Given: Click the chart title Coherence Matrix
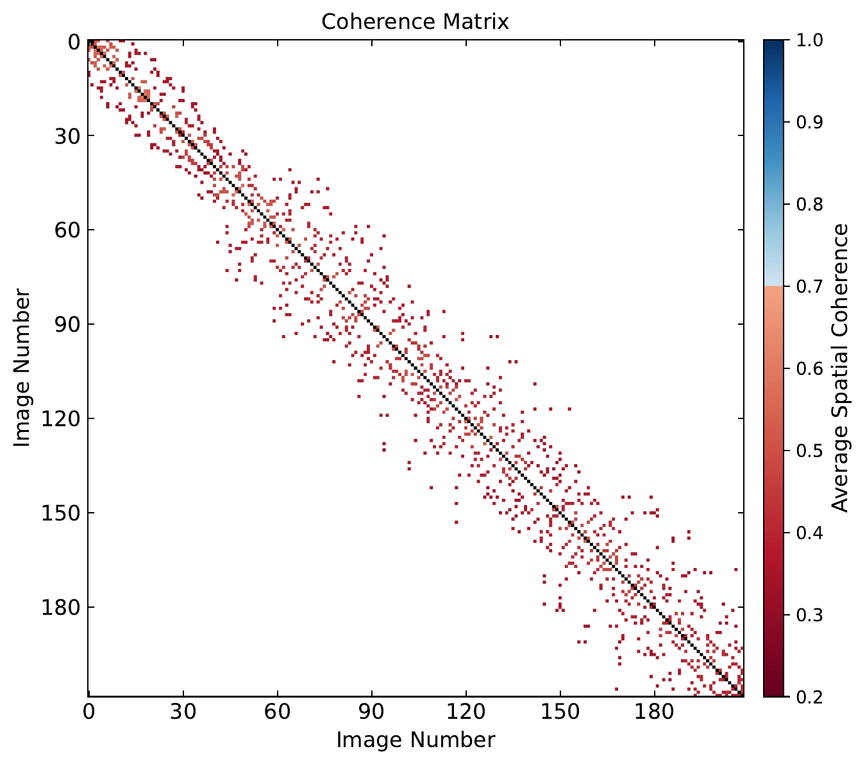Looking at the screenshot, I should (x=415, y=22).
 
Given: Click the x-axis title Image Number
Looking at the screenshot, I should (x=416, y=740).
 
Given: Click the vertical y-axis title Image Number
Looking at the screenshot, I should (x=22, y=368).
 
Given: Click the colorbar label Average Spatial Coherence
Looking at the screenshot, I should (x=840, y=368).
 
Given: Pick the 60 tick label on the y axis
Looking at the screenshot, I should (x=63, y=230).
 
